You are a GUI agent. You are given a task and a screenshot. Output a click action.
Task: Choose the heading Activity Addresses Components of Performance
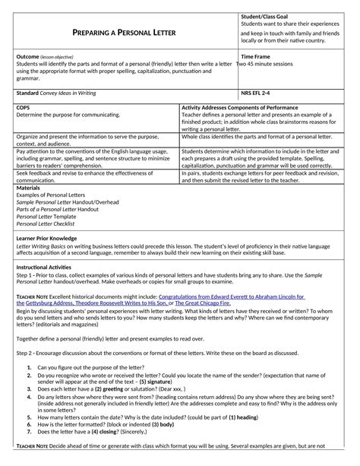[250, 108]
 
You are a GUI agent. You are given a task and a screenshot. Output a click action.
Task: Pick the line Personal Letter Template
[44, 217]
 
